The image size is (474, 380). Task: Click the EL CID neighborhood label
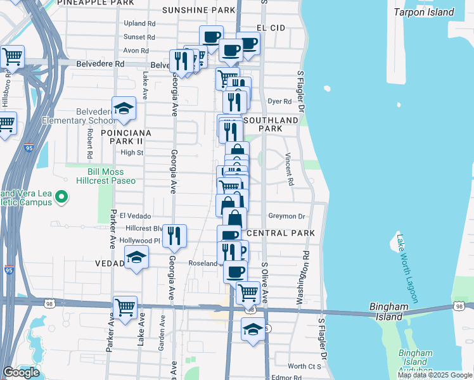[272, 28]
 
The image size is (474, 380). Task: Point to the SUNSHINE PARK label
[198, 10]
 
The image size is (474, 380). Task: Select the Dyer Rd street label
[279, 101]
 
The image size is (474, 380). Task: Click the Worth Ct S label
[305, 366]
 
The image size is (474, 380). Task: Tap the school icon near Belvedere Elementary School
[124, 109]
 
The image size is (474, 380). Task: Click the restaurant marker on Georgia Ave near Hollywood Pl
[174, 236]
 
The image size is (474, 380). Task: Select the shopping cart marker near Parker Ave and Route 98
[125, 308]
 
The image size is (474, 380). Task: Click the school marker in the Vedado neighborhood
[136, 256]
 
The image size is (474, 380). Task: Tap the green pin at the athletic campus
[61, 198]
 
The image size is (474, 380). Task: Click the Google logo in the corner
[22, 372]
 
